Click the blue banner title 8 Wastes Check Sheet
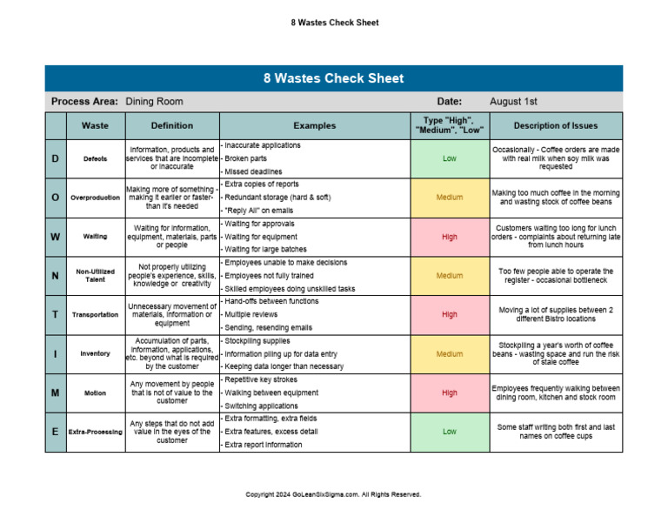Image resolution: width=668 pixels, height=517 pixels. [333, 78]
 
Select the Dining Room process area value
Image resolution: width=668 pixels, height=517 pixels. [154, 102]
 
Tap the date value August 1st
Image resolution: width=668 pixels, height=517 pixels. [513, 102]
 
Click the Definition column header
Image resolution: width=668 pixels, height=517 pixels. [172, 125]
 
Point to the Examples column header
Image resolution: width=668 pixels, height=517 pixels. [314, 125]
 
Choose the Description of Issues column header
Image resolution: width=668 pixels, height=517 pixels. [555, 125]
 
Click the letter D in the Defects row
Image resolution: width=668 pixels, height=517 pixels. [56, 158]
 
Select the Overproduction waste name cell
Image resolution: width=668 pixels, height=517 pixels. [95, 198]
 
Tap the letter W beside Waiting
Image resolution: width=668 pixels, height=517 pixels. [56, 237]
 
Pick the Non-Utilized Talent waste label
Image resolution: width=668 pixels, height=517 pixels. [95, 275]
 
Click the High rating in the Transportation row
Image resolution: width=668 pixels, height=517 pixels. [449, 314]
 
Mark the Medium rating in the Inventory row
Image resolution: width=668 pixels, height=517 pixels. [449, 353]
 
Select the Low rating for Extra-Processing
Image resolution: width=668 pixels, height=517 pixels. [449, 431]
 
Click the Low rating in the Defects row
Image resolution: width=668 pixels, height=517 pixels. [449, 158]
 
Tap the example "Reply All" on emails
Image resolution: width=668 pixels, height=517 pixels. [260, 211]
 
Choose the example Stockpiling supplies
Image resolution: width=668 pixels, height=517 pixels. [258, 340]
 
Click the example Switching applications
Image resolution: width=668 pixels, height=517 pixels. [262, 406]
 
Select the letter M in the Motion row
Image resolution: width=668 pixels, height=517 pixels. [56, 393]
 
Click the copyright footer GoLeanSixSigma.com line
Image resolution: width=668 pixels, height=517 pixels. [333, 493]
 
